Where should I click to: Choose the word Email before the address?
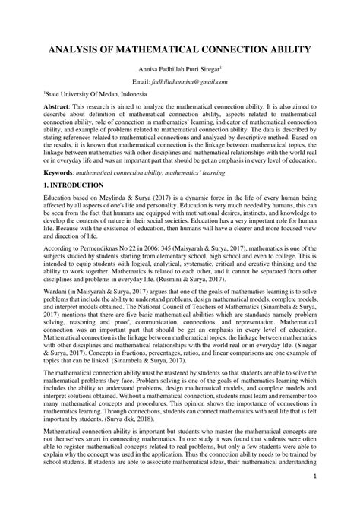(x=142, y=81)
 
